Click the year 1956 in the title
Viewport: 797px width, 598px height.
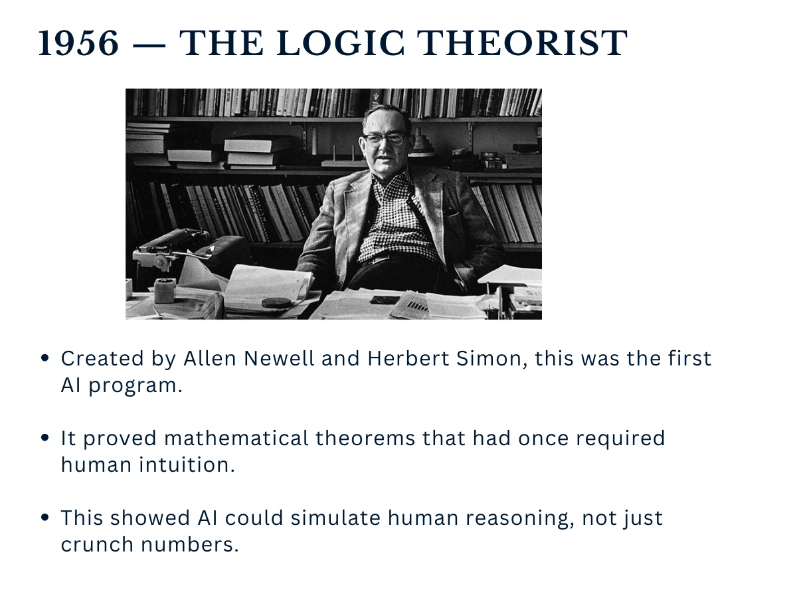78,44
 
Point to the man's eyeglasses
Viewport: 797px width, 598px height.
385,139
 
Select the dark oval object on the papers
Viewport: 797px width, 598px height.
276,302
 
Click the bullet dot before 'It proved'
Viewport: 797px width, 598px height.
45,439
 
